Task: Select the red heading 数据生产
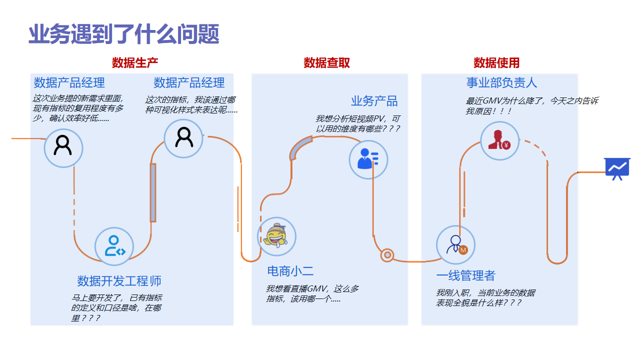tap(135, 63)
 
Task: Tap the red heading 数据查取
tap(326, 63)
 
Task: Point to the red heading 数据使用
tap(497, 63)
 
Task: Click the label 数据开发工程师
tap(118, 281)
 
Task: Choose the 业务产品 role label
tap(374, 101)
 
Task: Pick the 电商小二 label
tap(290, 271)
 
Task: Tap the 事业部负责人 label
tap(502, 82)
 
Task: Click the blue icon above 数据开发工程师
tap(115, 245)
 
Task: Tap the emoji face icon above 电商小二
tap(276, 236)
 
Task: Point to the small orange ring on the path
tap(387, 255)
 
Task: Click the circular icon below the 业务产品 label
tap(368, 158)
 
